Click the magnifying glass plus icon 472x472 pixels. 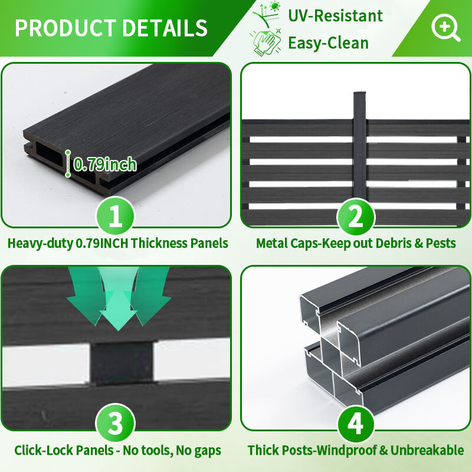(x=445, y=27)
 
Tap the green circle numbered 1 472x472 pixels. (x=115, y=216)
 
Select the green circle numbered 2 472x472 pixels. (x=356, y=217)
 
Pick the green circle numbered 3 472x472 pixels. (x=115, y=423)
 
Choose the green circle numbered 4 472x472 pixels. (x=356, y=424)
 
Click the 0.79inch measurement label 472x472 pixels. (x=105, y=164)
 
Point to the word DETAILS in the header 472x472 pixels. (x=165, y=28)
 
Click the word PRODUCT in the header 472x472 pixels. (x=65, y=28)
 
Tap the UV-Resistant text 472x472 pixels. (x=335, y=16)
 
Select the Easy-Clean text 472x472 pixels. (x=329, y=42)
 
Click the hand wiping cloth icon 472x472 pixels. (x=266, y=42)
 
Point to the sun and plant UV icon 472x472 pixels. (x=267, y=14)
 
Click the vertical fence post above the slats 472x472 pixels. (x=359, y=145)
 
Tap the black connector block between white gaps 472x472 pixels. (x=122, y=363)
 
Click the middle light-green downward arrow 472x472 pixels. (x=118, y=299)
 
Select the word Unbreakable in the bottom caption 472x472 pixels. (x=427, y=450)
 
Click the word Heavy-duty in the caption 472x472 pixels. (x=40, y=244)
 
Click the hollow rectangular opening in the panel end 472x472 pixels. (x=49, y=154)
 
